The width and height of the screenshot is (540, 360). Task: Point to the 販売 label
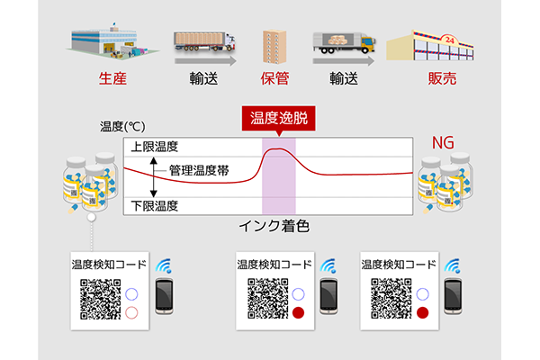[442, 78]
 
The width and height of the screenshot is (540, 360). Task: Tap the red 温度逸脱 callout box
[278, 118]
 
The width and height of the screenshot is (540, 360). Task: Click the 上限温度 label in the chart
[154, 146]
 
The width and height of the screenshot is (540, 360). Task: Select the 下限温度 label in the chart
[154, 206]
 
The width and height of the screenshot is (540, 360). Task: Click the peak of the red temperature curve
[278, 149]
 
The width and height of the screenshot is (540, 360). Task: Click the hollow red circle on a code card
[133, 312]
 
